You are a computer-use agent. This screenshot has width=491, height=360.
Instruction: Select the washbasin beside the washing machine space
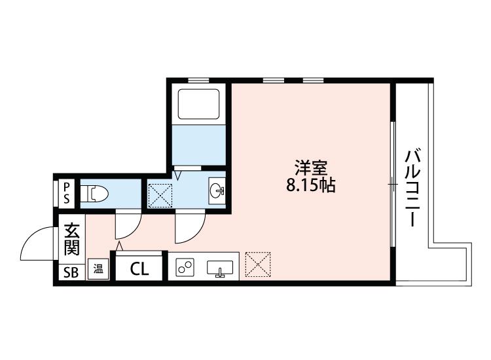coord(217,190)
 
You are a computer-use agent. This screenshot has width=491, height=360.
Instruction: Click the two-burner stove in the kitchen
coord(185,267)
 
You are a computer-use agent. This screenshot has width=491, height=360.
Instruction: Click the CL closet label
coord(138,268)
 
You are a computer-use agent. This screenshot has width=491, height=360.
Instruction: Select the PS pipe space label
coord(66,193)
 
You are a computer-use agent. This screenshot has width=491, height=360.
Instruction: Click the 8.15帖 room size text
coord(310,187)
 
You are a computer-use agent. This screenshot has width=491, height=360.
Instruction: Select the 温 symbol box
coord(98,269)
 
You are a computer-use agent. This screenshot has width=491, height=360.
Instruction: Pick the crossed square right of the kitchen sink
coord(257,265)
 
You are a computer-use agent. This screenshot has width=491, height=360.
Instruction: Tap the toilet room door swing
coord(126,226)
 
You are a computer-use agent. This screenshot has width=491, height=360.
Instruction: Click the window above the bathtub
coord(198,81)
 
